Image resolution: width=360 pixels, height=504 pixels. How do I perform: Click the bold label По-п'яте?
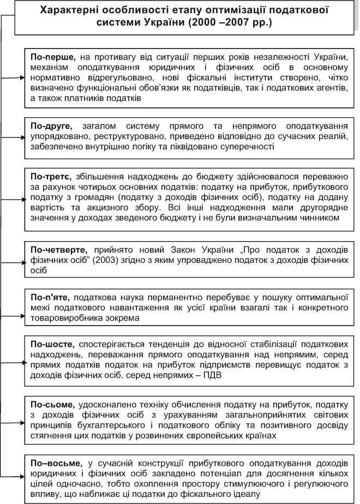(50, 298)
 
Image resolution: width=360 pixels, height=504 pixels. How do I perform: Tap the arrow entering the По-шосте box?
(22, 361)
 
